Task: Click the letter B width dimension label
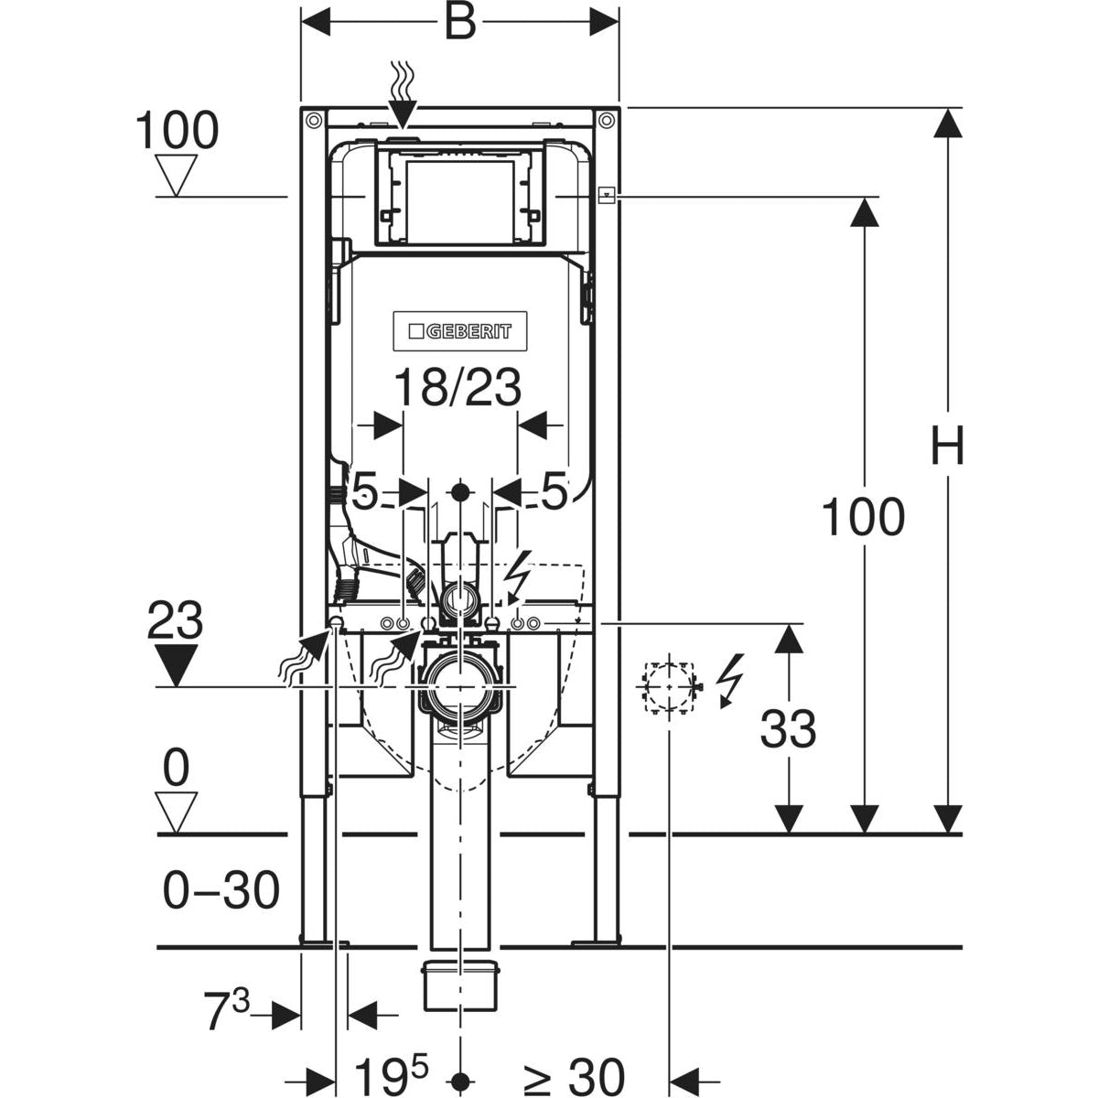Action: pyautogui.click(x=460, y=23)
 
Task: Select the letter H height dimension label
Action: pyautogui.click(x=948, y=448)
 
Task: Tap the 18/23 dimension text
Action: pyautogui.click(x=457, y=388)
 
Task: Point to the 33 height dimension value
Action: pyautogui.click(x=788, y=730)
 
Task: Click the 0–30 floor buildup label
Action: pyautogui.click(x=221, y=890)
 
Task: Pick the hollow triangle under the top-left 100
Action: pyautogui.click(x=177, y=174)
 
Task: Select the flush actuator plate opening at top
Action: pyautogui.click(x=459, y=196)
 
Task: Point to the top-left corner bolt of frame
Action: pyautogui.click(x=313, y=119)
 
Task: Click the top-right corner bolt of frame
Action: pyautogui.click(x=606, y=119)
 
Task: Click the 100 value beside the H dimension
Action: pyautogui.click(x=862, y=517)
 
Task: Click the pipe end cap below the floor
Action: pyautogui.click(x=460, y=985)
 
